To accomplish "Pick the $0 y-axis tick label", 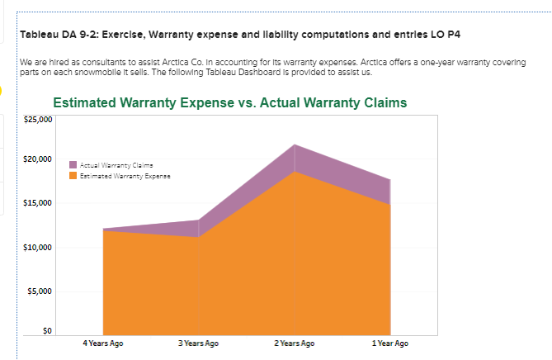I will coord(47,331).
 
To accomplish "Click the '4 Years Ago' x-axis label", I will coord(104,343).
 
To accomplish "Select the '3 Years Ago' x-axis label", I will coord(199,343).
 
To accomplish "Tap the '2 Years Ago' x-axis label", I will coord(295,343).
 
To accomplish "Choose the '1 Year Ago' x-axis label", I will coord(390,343).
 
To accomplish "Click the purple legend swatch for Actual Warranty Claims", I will coord(74,166).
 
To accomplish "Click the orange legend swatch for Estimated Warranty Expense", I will coord(74,174).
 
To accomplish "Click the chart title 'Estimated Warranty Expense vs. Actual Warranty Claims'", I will coord(229,103).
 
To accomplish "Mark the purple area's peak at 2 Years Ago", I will coord(295,146).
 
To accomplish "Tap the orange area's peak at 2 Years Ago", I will coord(295,173).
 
